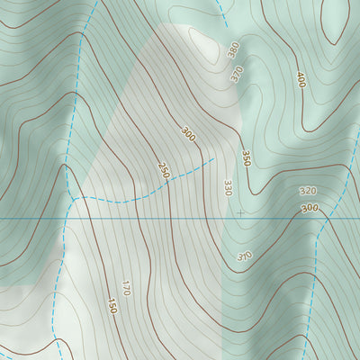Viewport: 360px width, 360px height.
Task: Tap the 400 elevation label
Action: click(301, 80)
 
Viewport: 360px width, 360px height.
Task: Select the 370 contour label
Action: click(237, 75)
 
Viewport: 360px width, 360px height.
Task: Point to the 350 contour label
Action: click(246, 157)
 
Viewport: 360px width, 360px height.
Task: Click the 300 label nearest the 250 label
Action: click(188, 134)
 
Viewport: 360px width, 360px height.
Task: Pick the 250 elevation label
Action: click(164, 169)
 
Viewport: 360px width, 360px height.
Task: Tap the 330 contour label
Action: click(228, 187)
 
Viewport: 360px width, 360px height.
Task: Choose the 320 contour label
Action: click(308, 192)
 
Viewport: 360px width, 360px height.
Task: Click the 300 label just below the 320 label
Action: click(310, 209)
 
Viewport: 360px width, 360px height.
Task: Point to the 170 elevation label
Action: click(126, 288)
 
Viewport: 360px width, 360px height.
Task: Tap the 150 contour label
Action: click(112, 306)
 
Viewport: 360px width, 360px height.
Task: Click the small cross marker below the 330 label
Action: click(239, 213)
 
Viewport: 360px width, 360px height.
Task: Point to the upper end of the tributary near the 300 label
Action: click(212, 159)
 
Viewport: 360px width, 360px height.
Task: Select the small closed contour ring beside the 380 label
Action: click(200, 38)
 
